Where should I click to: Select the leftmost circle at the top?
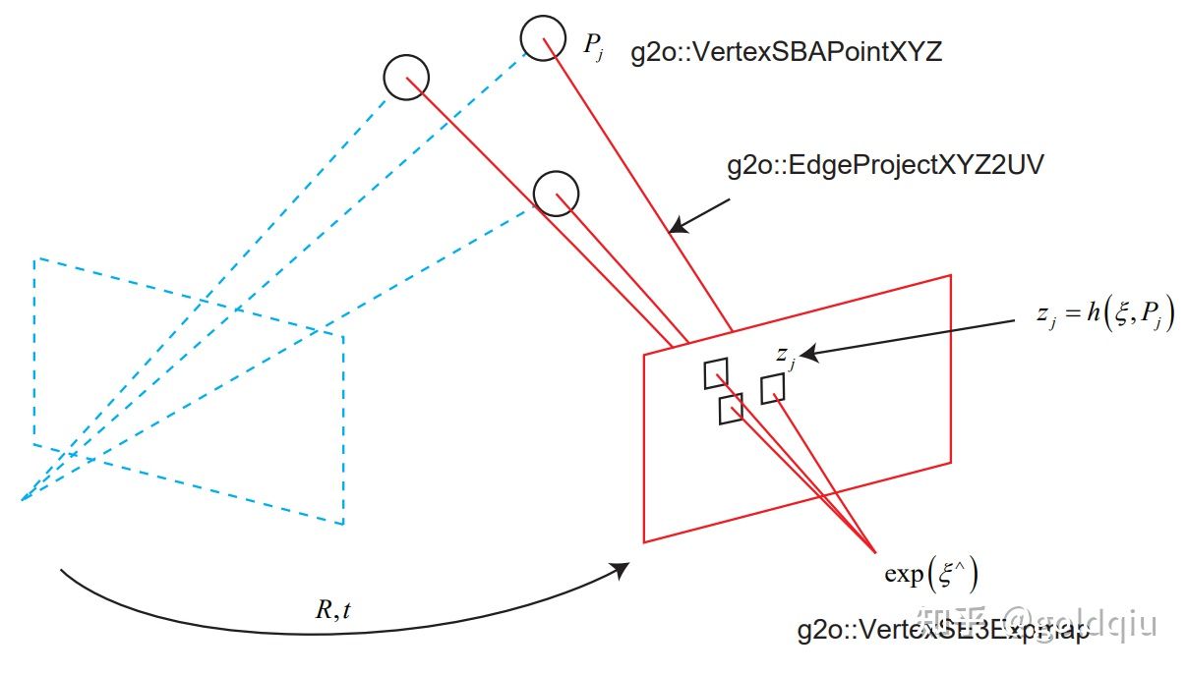pyautogui.click(x=405, y=77)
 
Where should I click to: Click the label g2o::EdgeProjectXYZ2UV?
pyautogui.click(x=885, y=165)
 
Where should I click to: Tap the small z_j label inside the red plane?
pyautogui.click(x=784, y=357)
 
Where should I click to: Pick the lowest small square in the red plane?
pyautogui.click(x=731, y=409)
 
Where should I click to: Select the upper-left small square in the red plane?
pyautogui.click(x=716, y=373)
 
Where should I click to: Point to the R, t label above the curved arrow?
pyautogui.click(x=332, y=610)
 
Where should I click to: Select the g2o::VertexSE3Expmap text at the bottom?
pyautogui.click(x=944, y=631)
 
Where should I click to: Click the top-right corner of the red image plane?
pyautogui.click(x=951, y=276)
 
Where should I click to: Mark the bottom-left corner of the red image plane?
pyautogui.click(x=644, y=541)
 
